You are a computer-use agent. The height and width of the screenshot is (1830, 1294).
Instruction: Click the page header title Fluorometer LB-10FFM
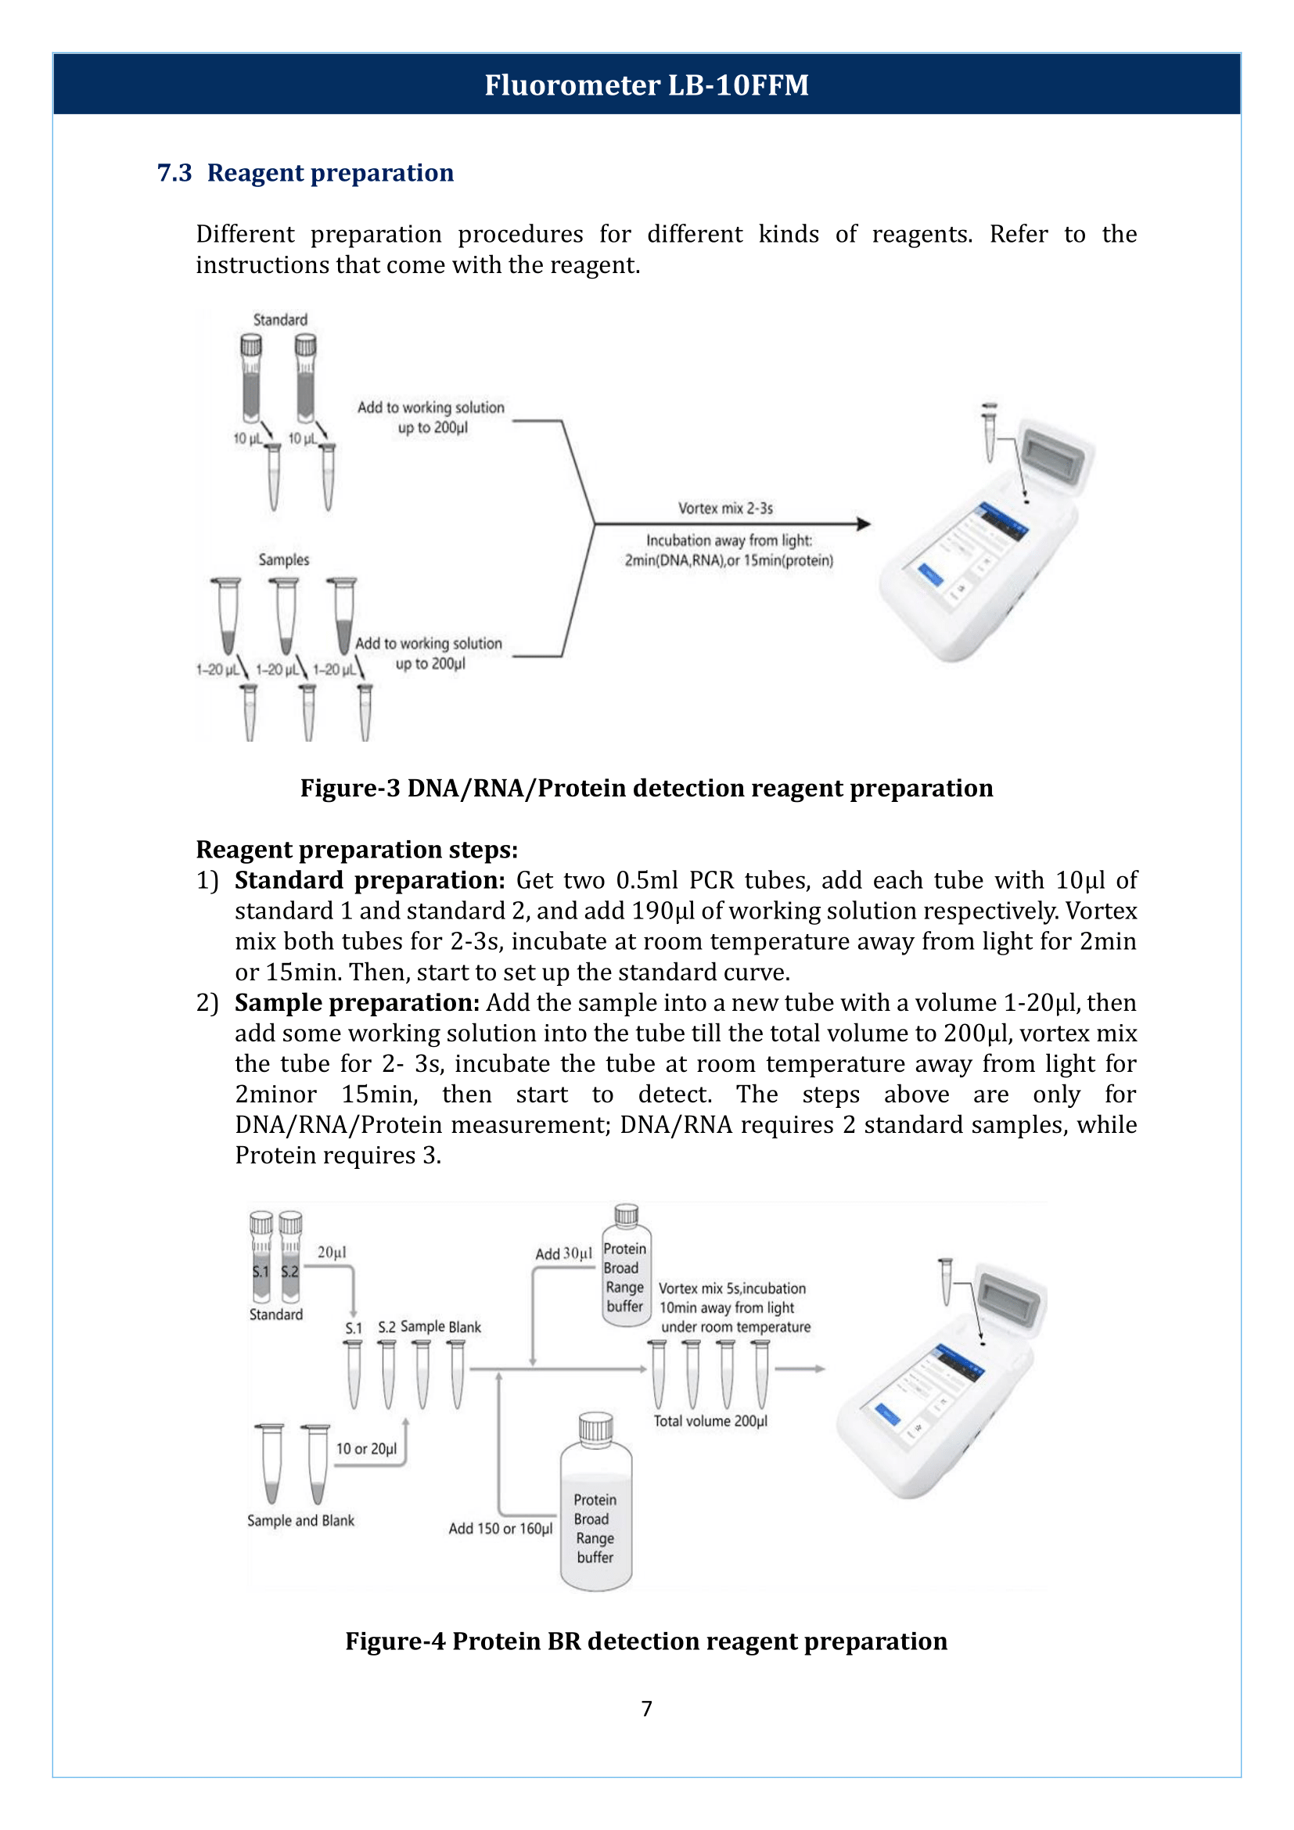tap(646, 84)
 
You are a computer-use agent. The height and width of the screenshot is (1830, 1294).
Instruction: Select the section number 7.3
tap(174, 172)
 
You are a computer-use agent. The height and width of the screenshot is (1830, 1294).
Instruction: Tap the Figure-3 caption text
tap(646, 788)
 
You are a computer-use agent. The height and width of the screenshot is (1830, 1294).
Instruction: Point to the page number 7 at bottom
tap(646, 1708)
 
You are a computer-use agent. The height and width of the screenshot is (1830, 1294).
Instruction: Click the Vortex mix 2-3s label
tap(725, 508)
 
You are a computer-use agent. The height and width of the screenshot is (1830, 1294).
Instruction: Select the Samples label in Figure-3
tap(284, 559)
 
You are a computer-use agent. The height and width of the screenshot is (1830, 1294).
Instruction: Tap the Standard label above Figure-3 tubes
tap(279, 320)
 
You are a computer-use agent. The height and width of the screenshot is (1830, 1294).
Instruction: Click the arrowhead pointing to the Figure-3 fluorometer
tap(863, 523)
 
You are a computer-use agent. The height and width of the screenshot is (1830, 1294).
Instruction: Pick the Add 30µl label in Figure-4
tap(563, 1253)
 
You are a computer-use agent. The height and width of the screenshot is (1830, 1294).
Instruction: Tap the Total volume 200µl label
tap(710, 1420)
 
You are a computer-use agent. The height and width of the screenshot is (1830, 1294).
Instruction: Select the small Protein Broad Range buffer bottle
tap(626, 1267)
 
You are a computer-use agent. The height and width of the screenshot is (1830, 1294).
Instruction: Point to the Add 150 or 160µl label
tap(500, 1528)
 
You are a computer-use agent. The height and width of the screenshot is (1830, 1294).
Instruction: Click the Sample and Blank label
tap(300, 1520)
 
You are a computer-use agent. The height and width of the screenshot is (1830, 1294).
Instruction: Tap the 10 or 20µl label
tap(365, 1448)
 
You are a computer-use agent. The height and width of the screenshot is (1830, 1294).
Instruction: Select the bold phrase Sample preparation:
tap(357, 1003)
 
